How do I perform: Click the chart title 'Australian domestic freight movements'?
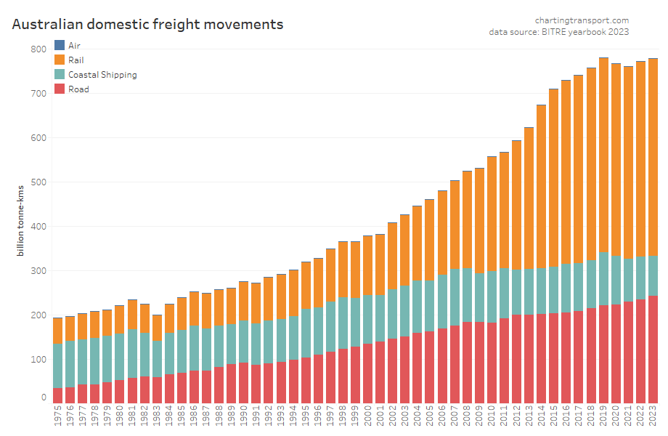(x=147, y=24)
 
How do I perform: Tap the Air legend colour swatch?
(x=60, y=46)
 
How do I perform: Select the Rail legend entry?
(x=76, y=60)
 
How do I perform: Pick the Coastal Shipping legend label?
(x=102, y=75)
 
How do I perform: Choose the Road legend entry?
(x=78, y=89)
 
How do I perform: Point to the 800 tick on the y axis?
(x=38, y=49)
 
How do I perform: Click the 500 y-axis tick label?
(x=38, y=182)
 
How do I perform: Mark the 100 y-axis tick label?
(x=38, y=360)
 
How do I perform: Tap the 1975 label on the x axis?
(x=58, y=417)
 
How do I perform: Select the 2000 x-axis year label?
(x=367, y=417)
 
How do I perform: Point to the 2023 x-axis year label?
(x=653, y=417)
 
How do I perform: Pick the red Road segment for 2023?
(x=653, y=349)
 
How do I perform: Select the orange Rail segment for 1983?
(x=157, y=328)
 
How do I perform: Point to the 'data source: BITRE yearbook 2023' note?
(x=558, y=32)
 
